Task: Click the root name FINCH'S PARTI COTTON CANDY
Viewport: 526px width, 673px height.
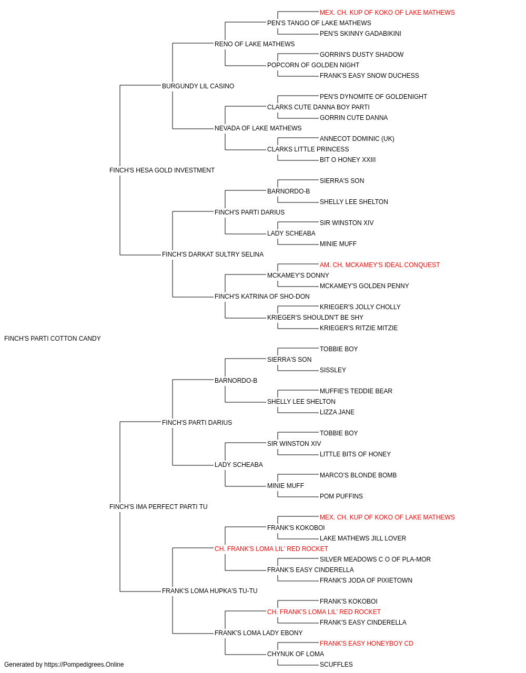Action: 53,339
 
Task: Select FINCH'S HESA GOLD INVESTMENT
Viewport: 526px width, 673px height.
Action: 161,170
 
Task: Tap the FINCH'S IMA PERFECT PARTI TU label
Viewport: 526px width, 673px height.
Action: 158,507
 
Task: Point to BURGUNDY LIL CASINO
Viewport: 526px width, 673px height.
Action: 198,86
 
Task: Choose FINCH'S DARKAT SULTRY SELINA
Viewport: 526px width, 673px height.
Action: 213,254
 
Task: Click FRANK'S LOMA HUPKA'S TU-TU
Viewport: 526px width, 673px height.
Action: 209,591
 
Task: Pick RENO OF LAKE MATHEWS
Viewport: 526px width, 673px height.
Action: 255,44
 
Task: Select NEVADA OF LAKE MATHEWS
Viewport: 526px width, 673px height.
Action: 258,128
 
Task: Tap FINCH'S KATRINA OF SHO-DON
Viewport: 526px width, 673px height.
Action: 262,297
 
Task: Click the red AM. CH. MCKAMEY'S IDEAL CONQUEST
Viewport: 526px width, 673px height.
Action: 379,265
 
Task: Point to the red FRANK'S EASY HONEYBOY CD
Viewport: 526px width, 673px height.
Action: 366,644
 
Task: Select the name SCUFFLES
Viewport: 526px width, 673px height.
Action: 336,665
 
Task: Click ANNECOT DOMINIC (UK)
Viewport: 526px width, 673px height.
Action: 357,139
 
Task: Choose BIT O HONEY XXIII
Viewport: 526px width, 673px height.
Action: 348,160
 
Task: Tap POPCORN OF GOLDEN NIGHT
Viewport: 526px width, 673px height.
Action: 313,65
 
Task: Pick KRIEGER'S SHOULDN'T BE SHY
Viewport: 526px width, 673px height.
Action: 315,318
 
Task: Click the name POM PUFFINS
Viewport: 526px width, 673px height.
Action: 341,496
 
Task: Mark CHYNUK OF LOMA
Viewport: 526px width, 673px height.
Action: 296,654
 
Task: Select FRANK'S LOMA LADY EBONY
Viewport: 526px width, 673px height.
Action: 258,633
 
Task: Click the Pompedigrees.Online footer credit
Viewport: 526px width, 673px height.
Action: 64,665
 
